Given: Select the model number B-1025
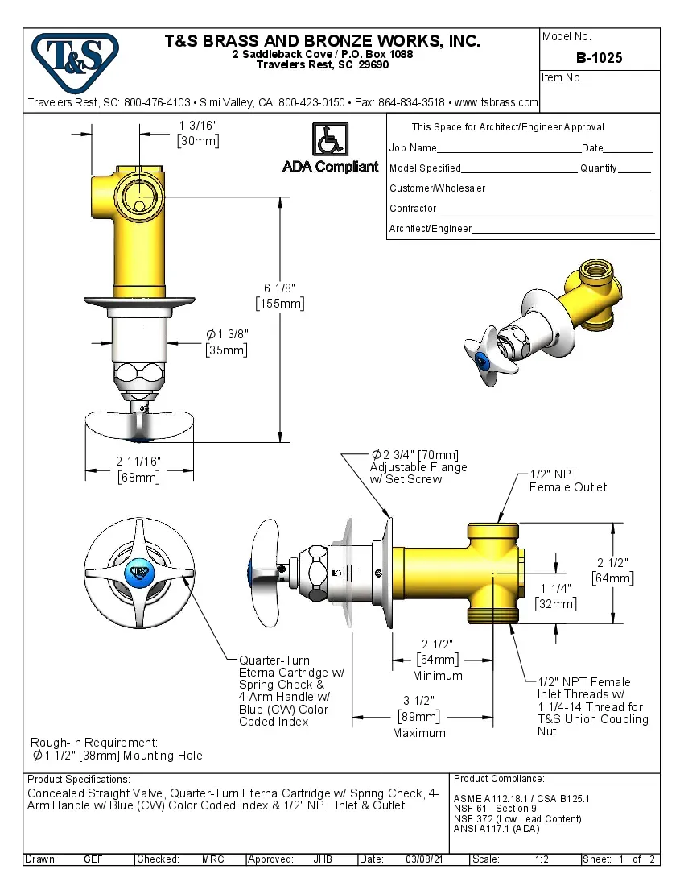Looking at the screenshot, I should tap(599, 58).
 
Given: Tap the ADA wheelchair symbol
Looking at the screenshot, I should tap(329, 139).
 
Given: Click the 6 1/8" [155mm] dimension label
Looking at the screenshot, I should tap(279, 296).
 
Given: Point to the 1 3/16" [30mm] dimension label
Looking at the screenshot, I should tap(198, 132).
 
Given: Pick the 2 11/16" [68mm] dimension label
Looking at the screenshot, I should tap(138, 469).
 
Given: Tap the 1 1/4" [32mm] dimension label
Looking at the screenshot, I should tap(556, 595).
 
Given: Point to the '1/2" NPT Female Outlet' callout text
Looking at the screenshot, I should tap(567, 481).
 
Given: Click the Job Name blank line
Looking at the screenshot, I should tap(509, 149).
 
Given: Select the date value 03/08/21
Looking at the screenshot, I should tap(425, 859).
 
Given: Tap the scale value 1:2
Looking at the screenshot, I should tap(542, 859).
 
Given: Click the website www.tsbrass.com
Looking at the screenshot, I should tap(496, 103).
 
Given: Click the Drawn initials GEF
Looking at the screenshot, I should tap(93, 859).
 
